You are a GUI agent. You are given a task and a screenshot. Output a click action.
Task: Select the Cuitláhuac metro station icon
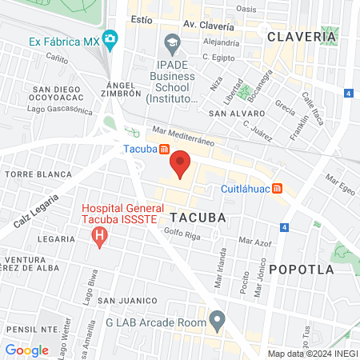point(277,189)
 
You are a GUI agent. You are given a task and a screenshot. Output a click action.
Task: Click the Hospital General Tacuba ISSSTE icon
point(99,236)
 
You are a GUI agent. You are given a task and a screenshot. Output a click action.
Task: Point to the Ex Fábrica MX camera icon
point(110,39)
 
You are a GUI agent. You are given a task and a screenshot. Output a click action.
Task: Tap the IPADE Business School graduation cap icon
point(171,41)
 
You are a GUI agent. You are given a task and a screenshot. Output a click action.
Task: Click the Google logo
point(26,350)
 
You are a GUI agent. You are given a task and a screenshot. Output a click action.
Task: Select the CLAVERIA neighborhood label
point(301,37)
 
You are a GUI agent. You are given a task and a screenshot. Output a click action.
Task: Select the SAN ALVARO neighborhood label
point(233,114)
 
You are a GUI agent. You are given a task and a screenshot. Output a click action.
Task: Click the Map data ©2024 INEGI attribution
point(312,354)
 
